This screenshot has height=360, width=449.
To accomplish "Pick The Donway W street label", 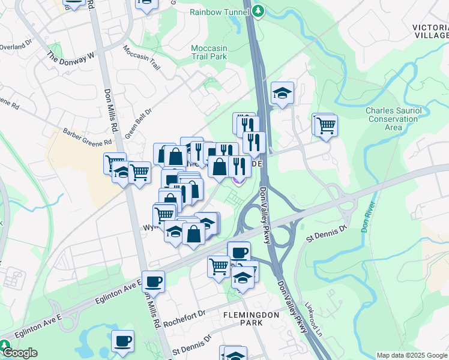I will coord(71,57).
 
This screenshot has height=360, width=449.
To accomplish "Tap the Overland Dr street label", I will coord(14,46).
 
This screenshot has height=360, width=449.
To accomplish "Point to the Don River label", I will coord(367,222).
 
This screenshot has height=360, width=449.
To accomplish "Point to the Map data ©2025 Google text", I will coord(411,355).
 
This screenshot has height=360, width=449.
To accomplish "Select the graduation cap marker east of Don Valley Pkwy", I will coord(282,93).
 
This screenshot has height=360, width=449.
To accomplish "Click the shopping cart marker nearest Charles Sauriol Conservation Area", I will coord(326,125).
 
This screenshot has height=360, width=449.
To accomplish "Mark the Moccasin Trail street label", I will coord(143,57).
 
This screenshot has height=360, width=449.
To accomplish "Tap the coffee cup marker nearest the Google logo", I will coord(123,341).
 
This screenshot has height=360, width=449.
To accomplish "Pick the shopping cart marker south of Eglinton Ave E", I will coord(219,265).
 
